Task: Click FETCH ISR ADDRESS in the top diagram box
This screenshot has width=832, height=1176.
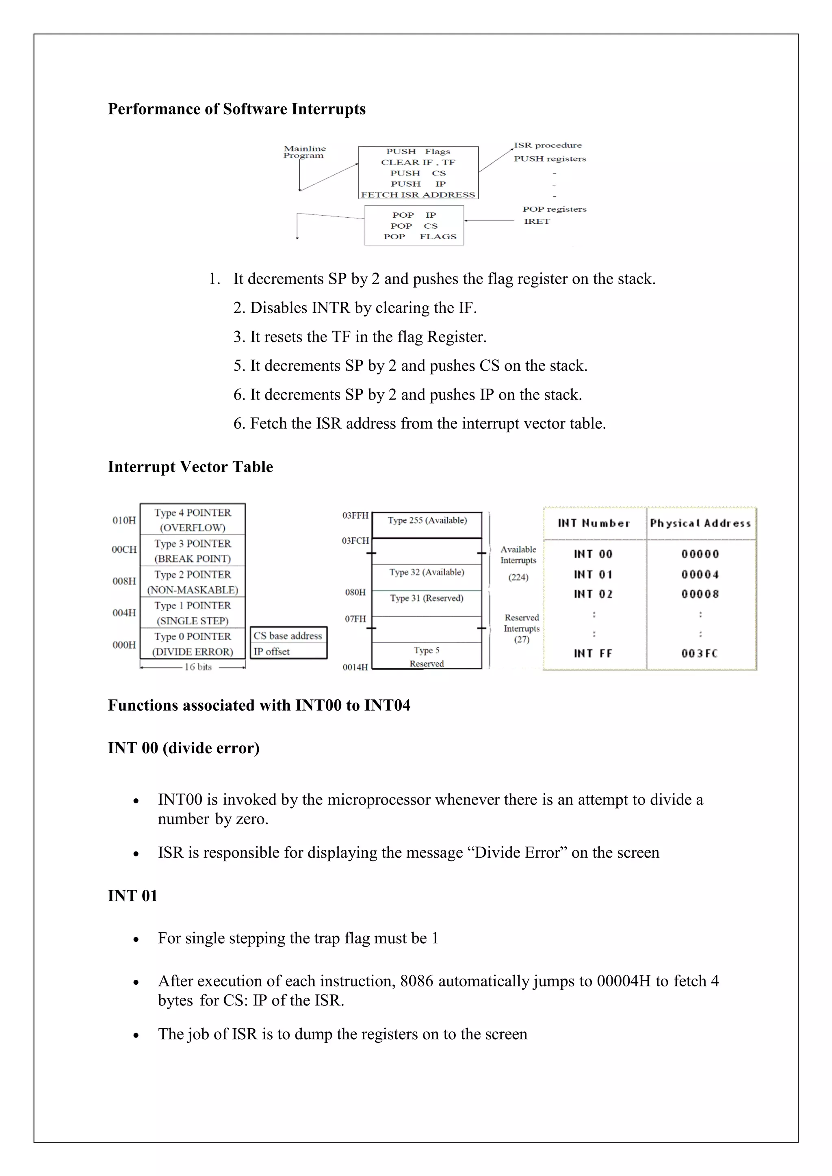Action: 418,195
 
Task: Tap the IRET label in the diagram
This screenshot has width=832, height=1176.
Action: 536,221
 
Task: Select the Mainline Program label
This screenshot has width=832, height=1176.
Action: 304,152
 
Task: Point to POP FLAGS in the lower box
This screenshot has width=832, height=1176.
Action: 419,237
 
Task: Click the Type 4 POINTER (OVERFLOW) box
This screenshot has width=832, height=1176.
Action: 193,520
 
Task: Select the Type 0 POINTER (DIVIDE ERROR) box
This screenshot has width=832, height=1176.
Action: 193,644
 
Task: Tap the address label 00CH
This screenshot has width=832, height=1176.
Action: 124,549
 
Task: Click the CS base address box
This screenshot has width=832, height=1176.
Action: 288,636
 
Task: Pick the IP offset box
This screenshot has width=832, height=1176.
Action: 288,651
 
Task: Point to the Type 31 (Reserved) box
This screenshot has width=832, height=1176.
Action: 426,598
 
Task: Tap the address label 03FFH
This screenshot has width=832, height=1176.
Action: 355,515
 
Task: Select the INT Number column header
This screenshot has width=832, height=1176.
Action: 594,523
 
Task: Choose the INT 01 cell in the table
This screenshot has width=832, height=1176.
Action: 593,575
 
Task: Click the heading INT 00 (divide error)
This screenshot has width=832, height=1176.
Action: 183,748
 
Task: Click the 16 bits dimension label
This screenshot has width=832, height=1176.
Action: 198,667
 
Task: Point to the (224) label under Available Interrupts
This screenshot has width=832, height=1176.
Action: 518,577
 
